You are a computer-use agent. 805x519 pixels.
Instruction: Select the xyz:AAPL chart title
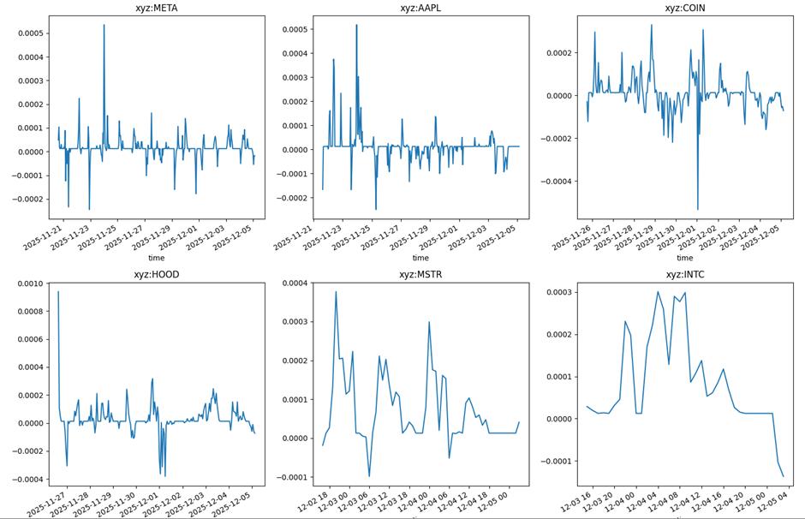[x=420, y=9]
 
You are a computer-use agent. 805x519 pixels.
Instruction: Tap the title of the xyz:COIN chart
[x=685, y=9]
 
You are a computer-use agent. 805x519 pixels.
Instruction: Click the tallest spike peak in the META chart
[x=104, y=25]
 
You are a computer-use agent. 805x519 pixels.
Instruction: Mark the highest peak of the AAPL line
[x=356, y=25]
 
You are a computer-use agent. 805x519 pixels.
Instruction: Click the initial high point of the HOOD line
[x=58, y=292]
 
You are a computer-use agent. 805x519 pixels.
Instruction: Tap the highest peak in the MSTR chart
[x=336, y=292]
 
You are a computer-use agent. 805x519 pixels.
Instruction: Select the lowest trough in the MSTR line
[x=369, y=476]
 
